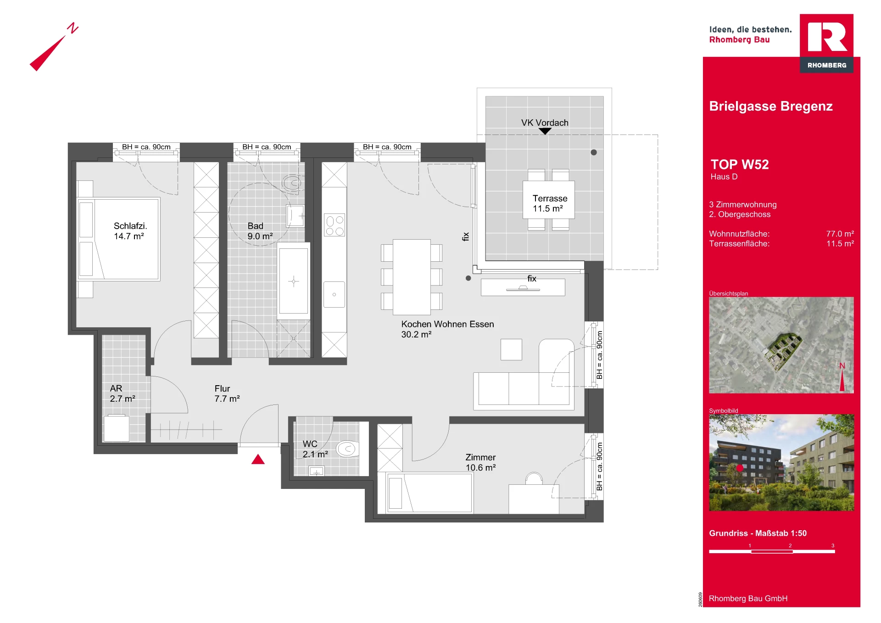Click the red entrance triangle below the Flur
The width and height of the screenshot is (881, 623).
click(258, 459)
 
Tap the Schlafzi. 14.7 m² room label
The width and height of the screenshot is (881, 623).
click(130, 231)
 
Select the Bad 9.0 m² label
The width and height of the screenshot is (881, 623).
click(260, 231)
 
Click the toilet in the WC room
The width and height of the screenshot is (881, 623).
click(347, 449)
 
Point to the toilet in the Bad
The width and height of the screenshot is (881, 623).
click(292, 184)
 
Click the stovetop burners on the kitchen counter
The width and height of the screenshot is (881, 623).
click(335, 225)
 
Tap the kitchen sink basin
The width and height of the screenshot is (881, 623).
click(334, 294)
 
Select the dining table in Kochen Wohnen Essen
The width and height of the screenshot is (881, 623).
click(412, 277)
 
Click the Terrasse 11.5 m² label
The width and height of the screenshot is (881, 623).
click(550, 203)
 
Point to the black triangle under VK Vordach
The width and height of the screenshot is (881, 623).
click(545, 131)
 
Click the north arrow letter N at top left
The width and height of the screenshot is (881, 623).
click(72, 28)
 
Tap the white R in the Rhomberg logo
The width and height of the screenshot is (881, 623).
click(827, 37)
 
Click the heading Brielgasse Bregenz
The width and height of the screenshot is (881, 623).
click(771, 106)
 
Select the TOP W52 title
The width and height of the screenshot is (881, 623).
click(740, 164)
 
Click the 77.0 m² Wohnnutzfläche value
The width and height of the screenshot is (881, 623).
click(840, 234)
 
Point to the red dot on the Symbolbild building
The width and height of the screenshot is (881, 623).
click(740, 468)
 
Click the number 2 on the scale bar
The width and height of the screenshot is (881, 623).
click(790, 545)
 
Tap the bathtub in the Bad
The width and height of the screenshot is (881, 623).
click(294, 281)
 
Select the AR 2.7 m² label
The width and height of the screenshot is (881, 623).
click(123, 393)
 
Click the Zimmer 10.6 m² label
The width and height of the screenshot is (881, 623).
click(480, 462)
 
